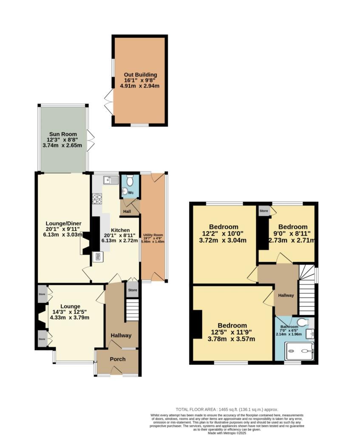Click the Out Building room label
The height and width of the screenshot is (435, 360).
[x=140, y=74]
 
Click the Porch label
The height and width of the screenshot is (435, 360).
[x=117, y=359]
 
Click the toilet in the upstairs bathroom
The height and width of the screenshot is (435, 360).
[x=302, y=322]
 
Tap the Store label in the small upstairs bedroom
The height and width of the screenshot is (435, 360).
[x=264, y=210]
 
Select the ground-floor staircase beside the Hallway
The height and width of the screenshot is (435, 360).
[x=133, y=311]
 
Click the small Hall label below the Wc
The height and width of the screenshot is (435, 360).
[x=127, y=212]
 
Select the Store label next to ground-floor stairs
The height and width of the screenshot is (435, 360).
[x=133, y=290]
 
